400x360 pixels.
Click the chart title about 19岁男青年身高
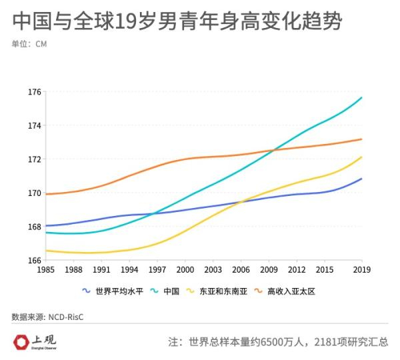click(177, 21)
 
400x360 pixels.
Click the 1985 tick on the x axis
click(45, 269)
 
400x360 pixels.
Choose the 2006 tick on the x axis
click(241, 269)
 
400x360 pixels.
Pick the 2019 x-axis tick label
click(361, 269)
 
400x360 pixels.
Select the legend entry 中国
click(171, 291)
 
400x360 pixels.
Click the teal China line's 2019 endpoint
click(361, 98)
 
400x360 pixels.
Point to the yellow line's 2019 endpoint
click(361, 157)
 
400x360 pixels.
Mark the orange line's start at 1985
click(45, 194)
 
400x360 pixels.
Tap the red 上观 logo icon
click(21, 341)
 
